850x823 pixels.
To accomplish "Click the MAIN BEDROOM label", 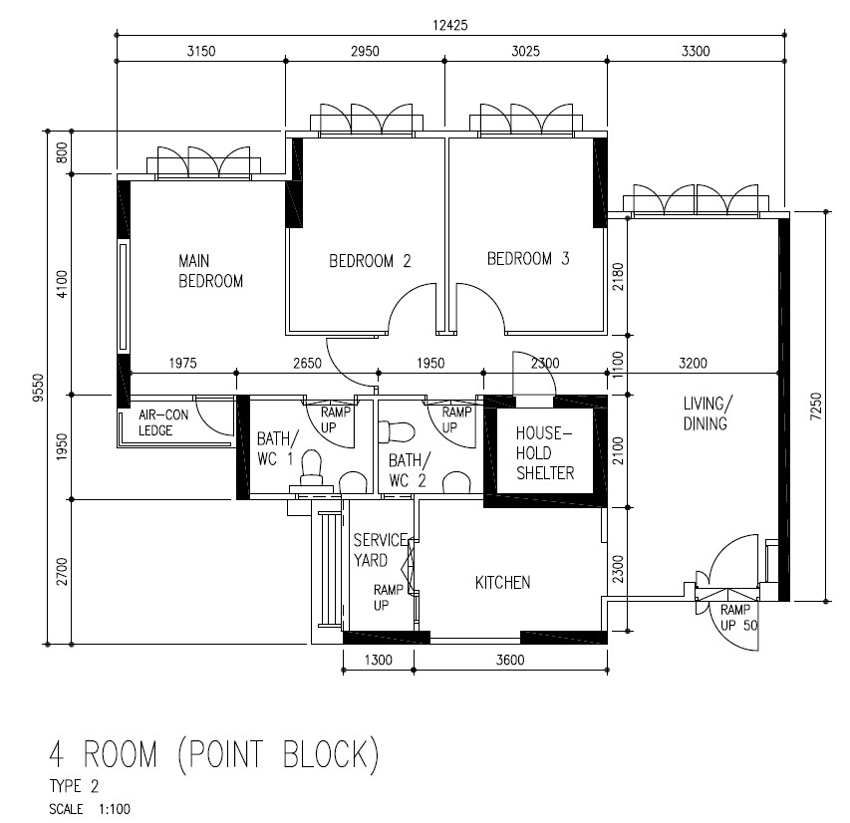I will (210, 270).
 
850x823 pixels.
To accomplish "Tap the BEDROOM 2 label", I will (370, 262).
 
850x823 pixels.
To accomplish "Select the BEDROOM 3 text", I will (527, 259).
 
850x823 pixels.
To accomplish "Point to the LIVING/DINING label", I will (706, 413).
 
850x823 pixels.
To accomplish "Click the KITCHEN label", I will (502, 583).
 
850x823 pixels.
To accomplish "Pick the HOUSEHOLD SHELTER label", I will (544, 453).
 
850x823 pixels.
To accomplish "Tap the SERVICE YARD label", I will (380, 550).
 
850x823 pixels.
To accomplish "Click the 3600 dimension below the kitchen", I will (509, 660).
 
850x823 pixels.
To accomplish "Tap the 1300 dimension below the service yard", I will (378, 660).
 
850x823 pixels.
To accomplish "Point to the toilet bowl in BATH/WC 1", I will (311, 465).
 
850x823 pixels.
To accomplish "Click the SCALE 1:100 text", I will (89, 809).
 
